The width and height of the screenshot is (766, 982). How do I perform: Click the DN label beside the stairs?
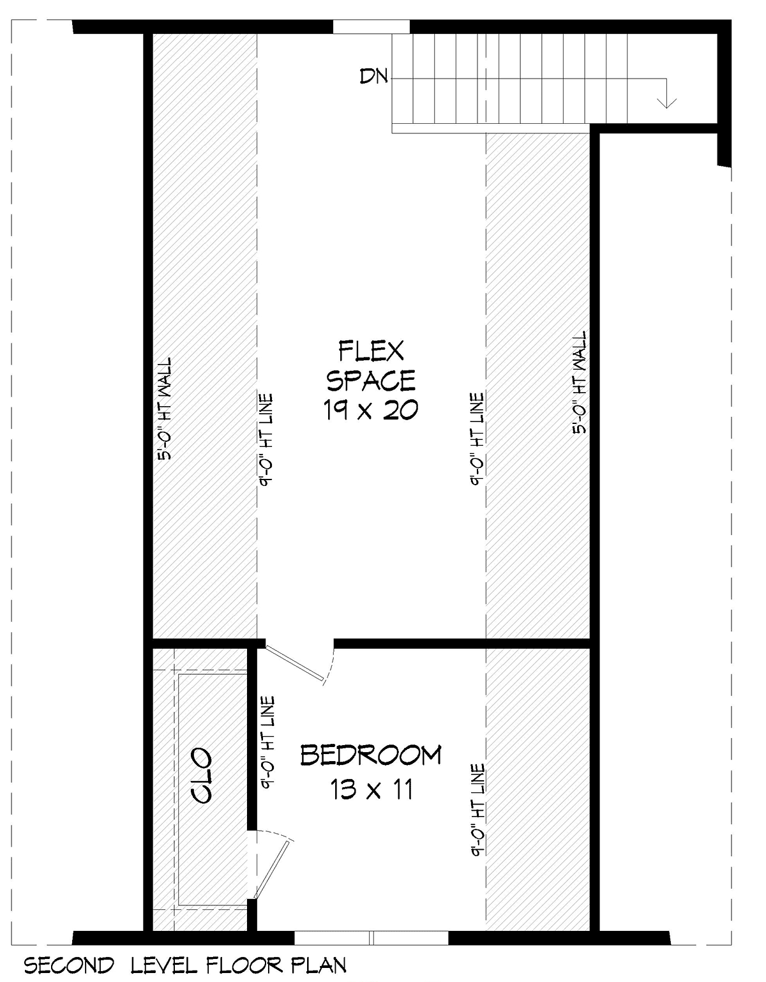pyautogui.click(x=373, y=76)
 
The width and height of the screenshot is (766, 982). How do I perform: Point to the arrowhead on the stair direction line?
pyautogui.click(x=666, y=103)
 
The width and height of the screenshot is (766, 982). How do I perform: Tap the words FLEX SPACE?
pyautogui.click(x=371, y=366)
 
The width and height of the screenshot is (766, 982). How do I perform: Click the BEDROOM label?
pyautogui.click(x=371, y=755)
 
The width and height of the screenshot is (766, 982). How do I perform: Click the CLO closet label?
pyautogui.click(x=200, y=775)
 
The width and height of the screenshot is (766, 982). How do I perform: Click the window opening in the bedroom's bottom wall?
pyautogui.click(x=372, y=935)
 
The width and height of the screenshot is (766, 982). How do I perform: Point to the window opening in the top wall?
pyautogui.click(x=372, y=26)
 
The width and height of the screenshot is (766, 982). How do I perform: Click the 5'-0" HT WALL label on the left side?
pyautogui.click(x=165, y=409)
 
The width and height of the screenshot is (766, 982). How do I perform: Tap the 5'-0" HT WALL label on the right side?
pyautogui.click(x=579, y=382)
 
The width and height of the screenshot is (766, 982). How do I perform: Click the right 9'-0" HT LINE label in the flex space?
pyautogui.click(x=477, y=439)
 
